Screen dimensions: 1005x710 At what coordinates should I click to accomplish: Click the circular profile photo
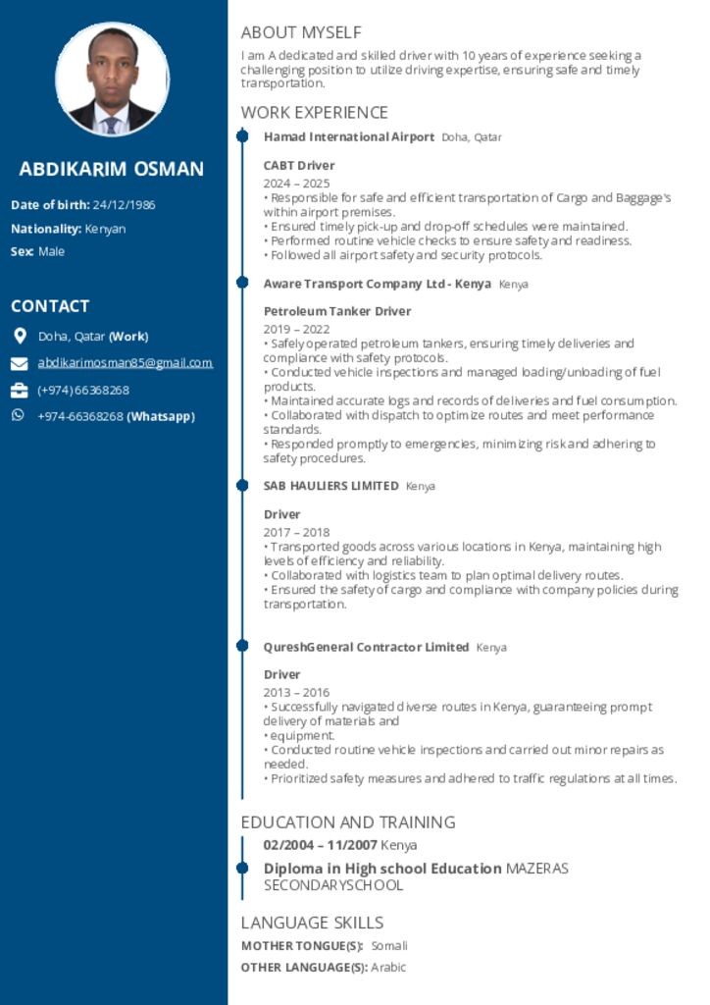coord(113,79)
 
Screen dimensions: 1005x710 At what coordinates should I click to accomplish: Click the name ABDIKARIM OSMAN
coord(112,169)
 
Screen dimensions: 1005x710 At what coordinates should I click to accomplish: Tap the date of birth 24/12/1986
coord(124,205)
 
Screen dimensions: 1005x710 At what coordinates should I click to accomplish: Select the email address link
coord(125,363)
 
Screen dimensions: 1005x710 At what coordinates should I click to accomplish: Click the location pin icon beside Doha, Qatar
coord(19,337)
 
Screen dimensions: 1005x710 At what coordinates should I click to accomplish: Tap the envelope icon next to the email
coord(19,364)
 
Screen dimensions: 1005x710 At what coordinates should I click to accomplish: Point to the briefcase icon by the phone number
coord(19,391)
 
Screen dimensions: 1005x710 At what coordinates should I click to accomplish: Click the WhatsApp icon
coord(18,416)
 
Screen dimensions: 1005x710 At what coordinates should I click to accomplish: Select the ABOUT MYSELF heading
coord(300,32)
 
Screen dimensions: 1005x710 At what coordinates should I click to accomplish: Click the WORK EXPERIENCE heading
coord(314,113)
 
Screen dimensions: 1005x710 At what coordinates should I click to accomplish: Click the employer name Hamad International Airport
coord(348,137)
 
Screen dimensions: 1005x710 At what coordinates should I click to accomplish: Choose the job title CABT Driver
coord(299,166)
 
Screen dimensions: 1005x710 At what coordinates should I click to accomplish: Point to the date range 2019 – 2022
coord(296,330)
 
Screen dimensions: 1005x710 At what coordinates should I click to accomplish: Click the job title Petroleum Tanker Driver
coord(337,312)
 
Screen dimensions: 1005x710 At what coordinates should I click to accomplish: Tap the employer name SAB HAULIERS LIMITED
coord(330,486)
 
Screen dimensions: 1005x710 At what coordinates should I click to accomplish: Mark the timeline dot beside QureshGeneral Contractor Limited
coord(242,647)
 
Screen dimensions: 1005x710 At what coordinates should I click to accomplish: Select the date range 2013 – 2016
coord(296,693)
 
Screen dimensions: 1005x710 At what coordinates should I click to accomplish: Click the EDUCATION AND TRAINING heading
coord(348,822)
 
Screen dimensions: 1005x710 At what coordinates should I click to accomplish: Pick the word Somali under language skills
coord(388,946)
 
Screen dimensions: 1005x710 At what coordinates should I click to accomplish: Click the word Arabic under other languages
coord(388,968)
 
